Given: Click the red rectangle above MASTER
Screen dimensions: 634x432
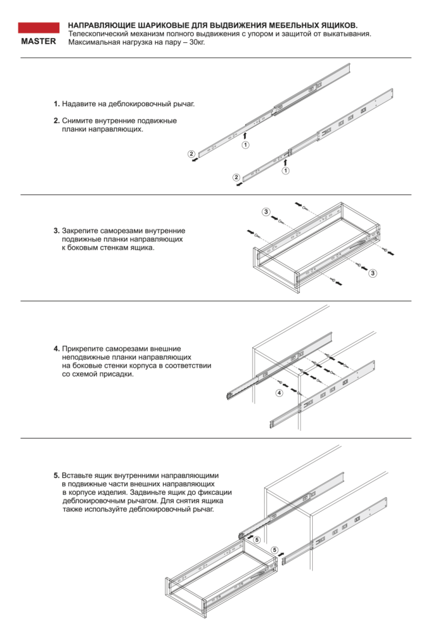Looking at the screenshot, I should click(39, 28).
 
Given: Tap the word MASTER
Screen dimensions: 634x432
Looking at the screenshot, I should click(39, 41).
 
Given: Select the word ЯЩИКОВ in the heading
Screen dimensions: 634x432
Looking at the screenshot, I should click(339, 26).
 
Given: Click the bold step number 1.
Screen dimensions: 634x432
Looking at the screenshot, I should click(56, 104).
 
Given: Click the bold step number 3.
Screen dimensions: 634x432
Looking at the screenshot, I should click(56, 231).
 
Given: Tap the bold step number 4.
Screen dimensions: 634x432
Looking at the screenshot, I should click(56, 349).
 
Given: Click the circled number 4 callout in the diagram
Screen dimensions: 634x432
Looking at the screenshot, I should click(279, 393).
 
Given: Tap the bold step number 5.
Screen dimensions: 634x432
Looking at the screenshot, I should click(56, 475).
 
